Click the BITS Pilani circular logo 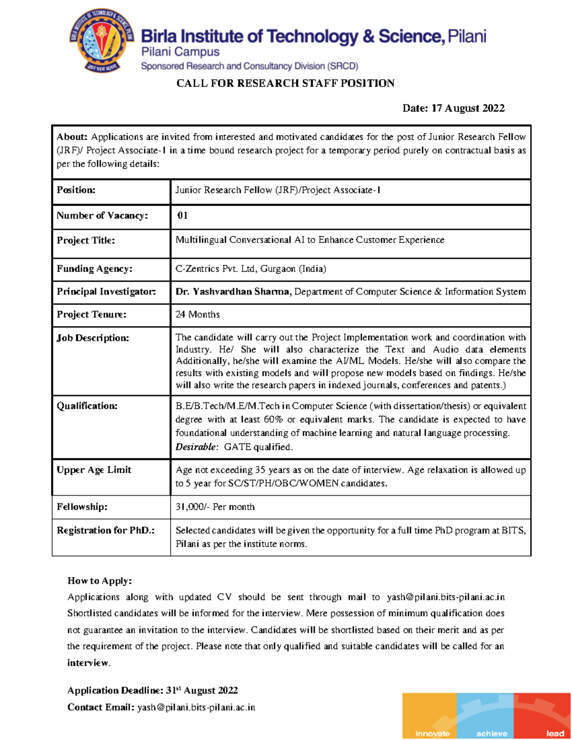tap(102, 41)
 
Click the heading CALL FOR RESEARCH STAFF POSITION tap(285, 83)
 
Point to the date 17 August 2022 tap(468, 108)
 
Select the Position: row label tap(76, 190)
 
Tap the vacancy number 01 tap(182, 215)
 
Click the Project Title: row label tap(86, 240)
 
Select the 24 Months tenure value tap(197, 314)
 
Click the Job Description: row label tap(93, 338)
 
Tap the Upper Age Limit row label tap(94, 470)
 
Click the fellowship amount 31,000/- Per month tap(215, 507)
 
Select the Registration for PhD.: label tap(106, 530)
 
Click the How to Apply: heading tap(100, 581)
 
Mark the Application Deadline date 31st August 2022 tap(202, 690)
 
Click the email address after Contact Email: tap(196, 708)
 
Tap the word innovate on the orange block tap(432, 733)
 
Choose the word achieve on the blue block tap(491, 733)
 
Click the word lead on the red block tap(555, 733)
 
